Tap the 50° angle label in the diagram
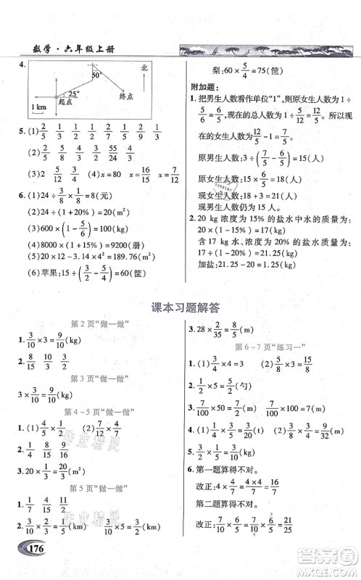click(x=96, y=75)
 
